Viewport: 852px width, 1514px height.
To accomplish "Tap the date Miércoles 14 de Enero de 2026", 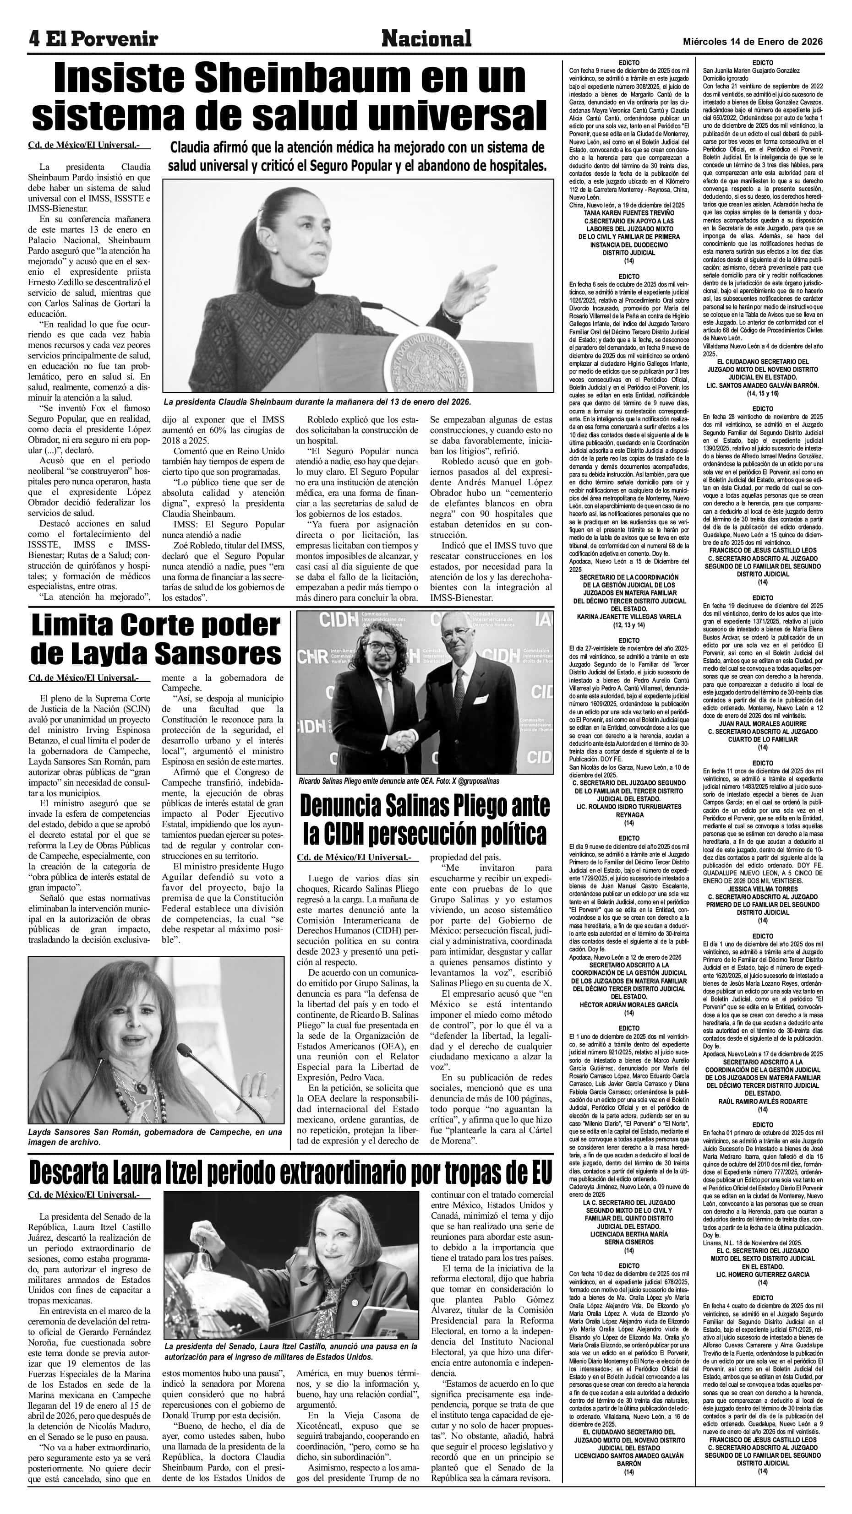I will point(752,42).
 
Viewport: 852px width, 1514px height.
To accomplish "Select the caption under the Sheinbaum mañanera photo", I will point(317,402).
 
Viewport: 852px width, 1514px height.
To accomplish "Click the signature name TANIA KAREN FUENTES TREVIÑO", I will point(628,213).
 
